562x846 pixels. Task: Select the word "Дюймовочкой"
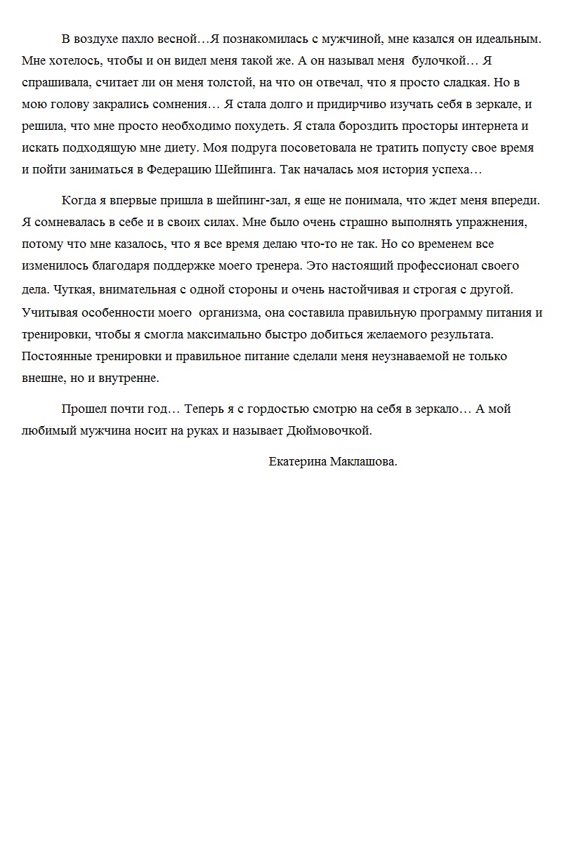click(x=329, y=430)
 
